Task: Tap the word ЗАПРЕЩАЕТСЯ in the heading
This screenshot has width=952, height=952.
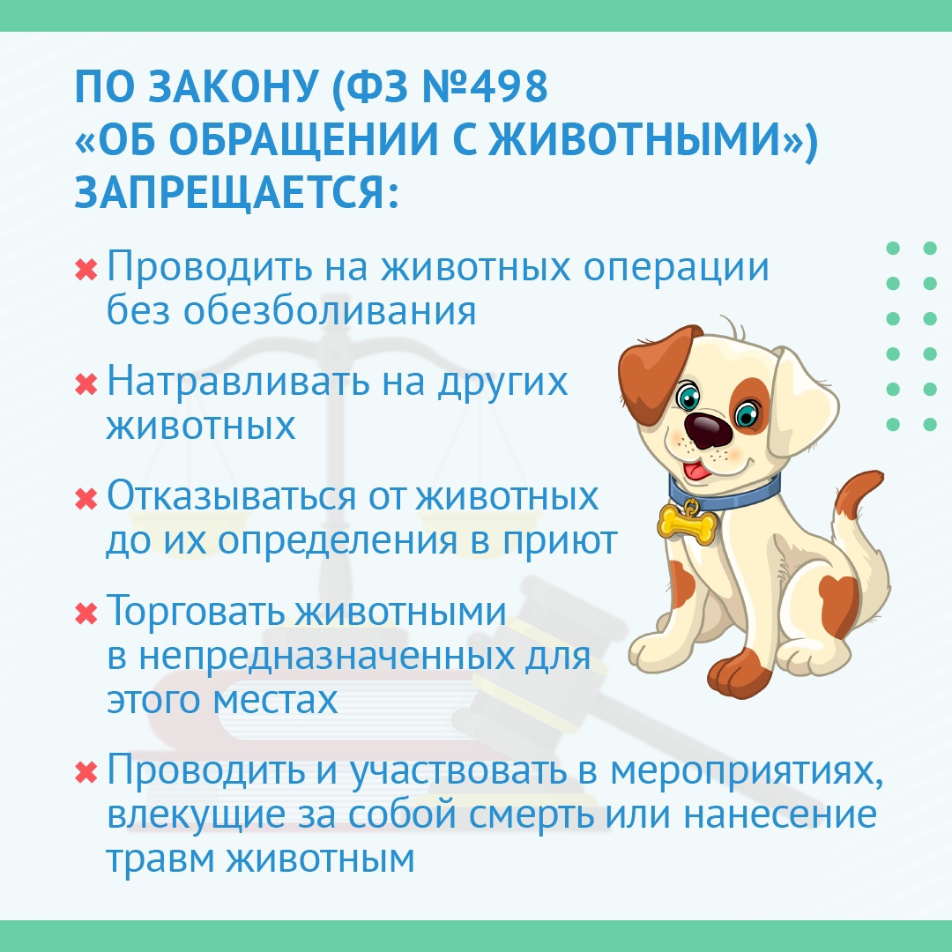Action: click(236, 193)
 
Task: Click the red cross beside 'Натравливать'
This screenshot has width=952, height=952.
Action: click(86, 383)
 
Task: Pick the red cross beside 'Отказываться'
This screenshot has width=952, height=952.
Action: click(86, 498)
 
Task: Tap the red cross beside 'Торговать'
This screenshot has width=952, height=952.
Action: click(86, 613)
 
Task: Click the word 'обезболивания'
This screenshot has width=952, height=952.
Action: click(330, 310)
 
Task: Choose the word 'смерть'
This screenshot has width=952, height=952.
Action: click(532, 814)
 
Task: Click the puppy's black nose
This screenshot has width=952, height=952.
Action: click(708, 428)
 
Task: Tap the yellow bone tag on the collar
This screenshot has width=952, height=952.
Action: click(688, 523)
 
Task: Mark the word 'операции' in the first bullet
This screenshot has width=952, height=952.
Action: click(676, 268)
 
